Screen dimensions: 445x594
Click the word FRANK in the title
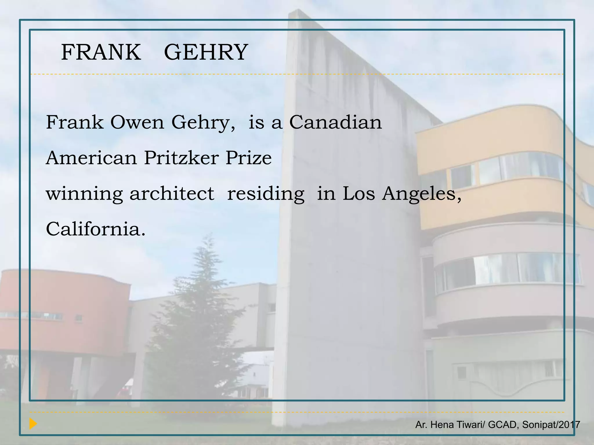click(101, 52)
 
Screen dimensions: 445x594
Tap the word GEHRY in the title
click(206, 52)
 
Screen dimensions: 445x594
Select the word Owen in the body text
click(137, 122)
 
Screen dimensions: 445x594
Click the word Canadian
click(336, 122)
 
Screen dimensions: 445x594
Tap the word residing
click(266, 194)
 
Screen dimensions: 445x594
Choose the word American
click(91, 158)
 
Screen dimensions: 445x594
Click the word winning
click(84, 194)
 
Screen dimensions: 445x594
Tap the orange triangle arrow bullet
click(33, 424)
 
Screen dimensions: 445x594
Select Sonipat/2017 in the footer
click(551, 425)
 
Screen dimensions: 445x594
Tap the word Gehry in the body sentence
click(203, 123)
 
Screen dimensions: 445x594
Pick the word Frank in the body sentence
click(75, 122)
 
